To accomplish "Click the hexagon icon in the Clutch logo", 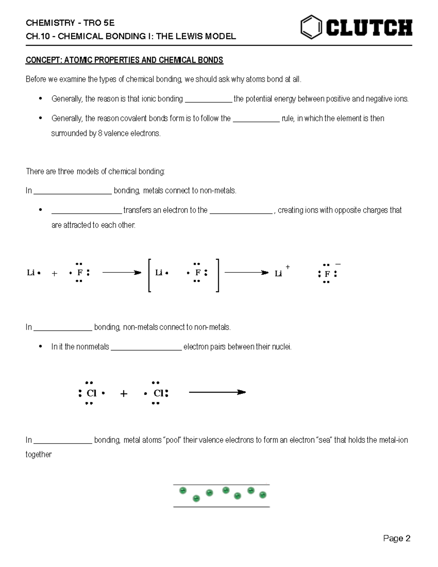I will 311,27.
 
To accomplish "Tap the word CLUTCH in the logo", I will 369,28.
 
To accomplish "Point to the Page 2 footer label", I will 397,539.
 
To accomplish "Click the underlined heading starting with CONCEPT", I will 124,60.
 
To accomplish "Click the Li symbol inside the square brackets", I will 159,273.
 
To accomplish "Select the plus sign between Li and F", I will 54,273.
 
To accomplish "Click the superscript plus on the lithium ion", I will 288,267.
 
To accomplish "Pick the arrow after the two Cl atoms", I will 217,392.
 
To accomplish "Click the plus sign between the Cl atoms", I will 124,394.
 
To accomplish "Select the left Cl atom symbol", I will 91,393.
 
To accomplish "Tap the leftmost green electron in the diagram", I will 183,490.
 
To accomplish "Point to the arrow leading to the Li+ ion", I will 246,273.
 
